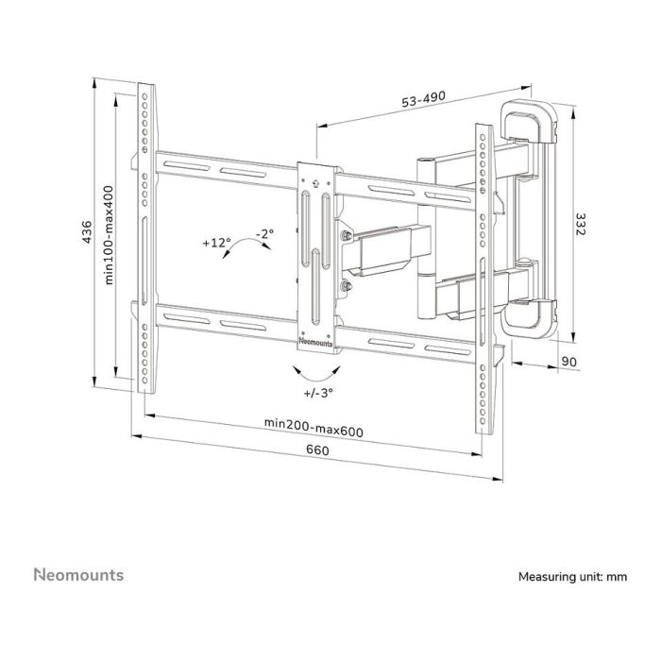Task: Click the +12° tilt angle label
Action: pos(215,243)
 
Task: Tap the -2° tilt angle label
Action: pos(264,232)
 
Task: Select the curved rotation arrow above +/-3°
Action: pos(315,368)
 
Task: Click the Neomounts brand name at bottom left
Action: pos(78,573)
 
